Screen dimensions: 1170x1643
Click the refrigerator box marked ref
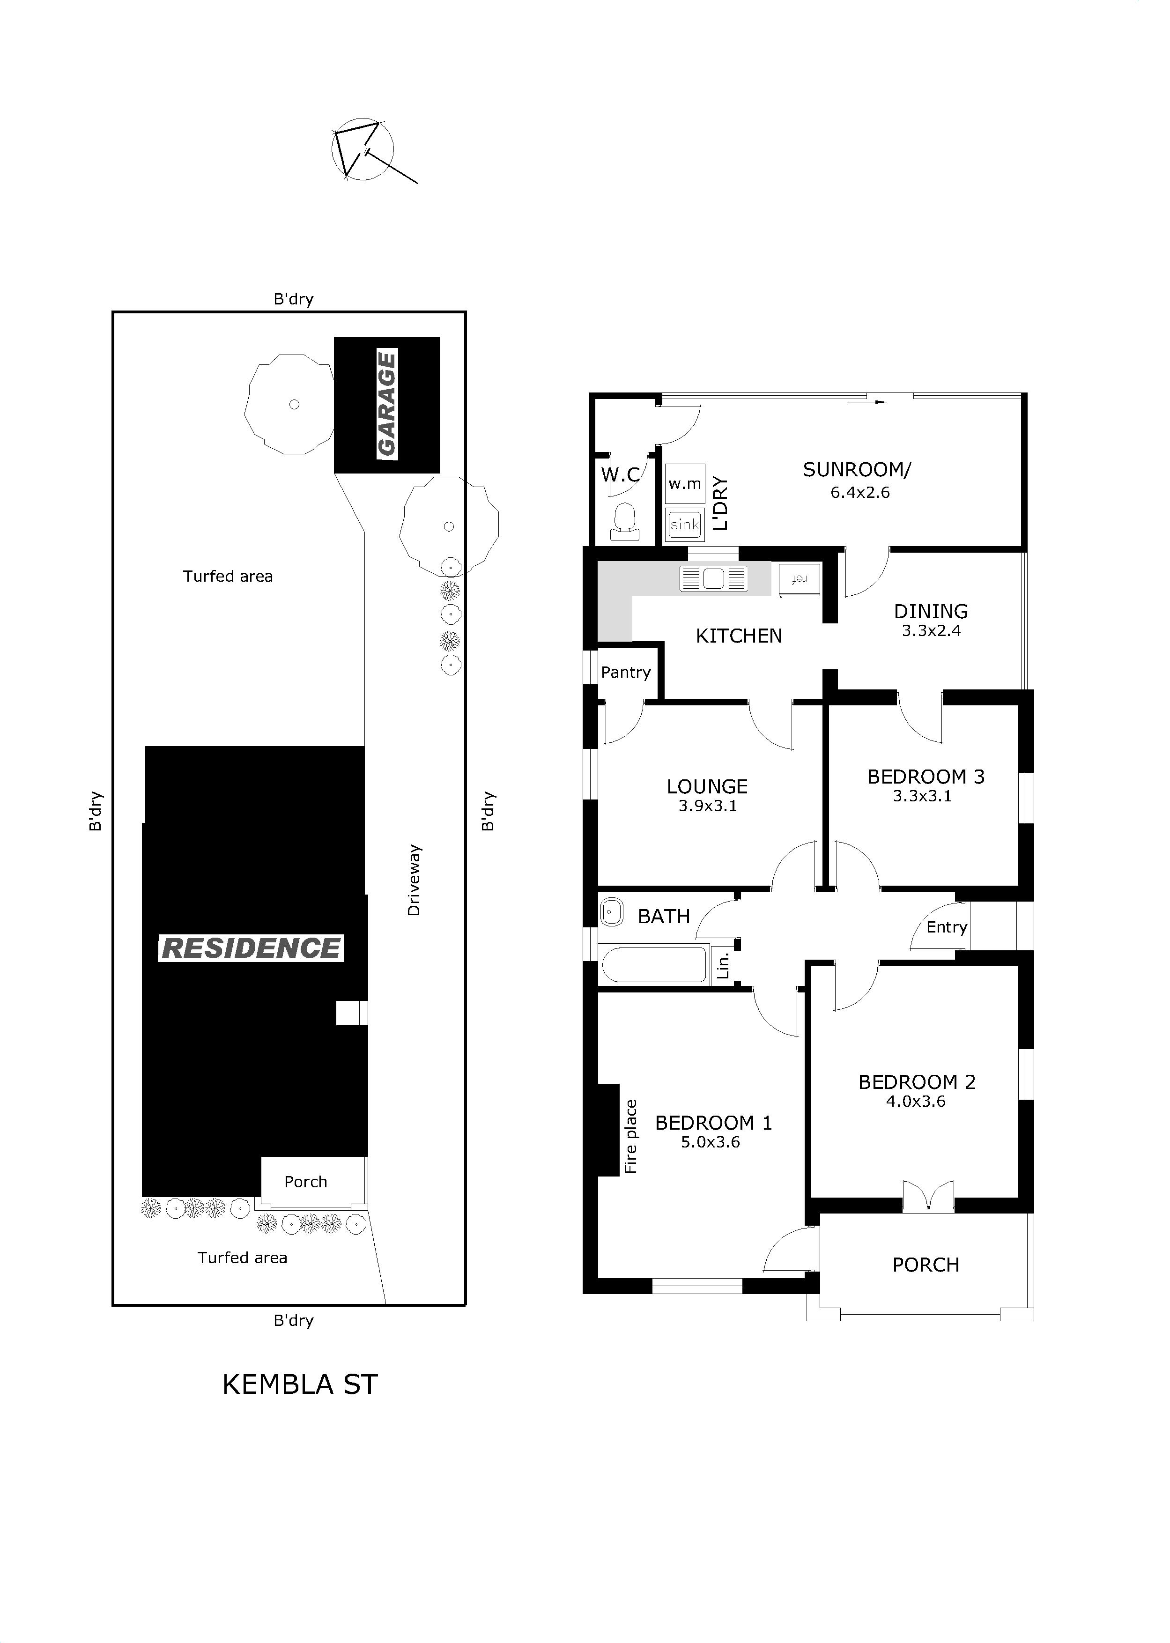click(x=799, y=579)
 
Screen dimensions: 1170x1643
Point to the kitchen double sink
click(x=713, y=578)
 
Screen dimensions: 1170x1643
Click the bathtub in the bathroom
click(x=654, y=964)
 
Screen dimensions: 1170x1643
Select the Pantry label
click(x=625, y=672)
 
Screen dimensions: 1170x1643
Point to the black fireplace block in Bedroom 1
click(x=609, y=1130)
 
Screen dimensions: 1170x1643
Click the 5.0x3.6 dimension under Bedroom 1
click(x=711, y=1142)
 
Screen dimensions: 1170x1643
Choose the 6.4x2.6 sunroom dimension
click(x=860, y=493)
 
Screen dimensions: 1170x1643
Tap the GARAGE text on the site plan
click(x=387, y=404)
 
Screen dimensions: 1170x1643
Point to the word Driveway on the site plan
click(x=414, y=880)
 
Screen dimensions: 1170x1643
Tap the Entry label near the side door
click(x=947, y=927)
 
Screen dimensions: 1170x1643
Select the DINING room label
click(x=931, y=612)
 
